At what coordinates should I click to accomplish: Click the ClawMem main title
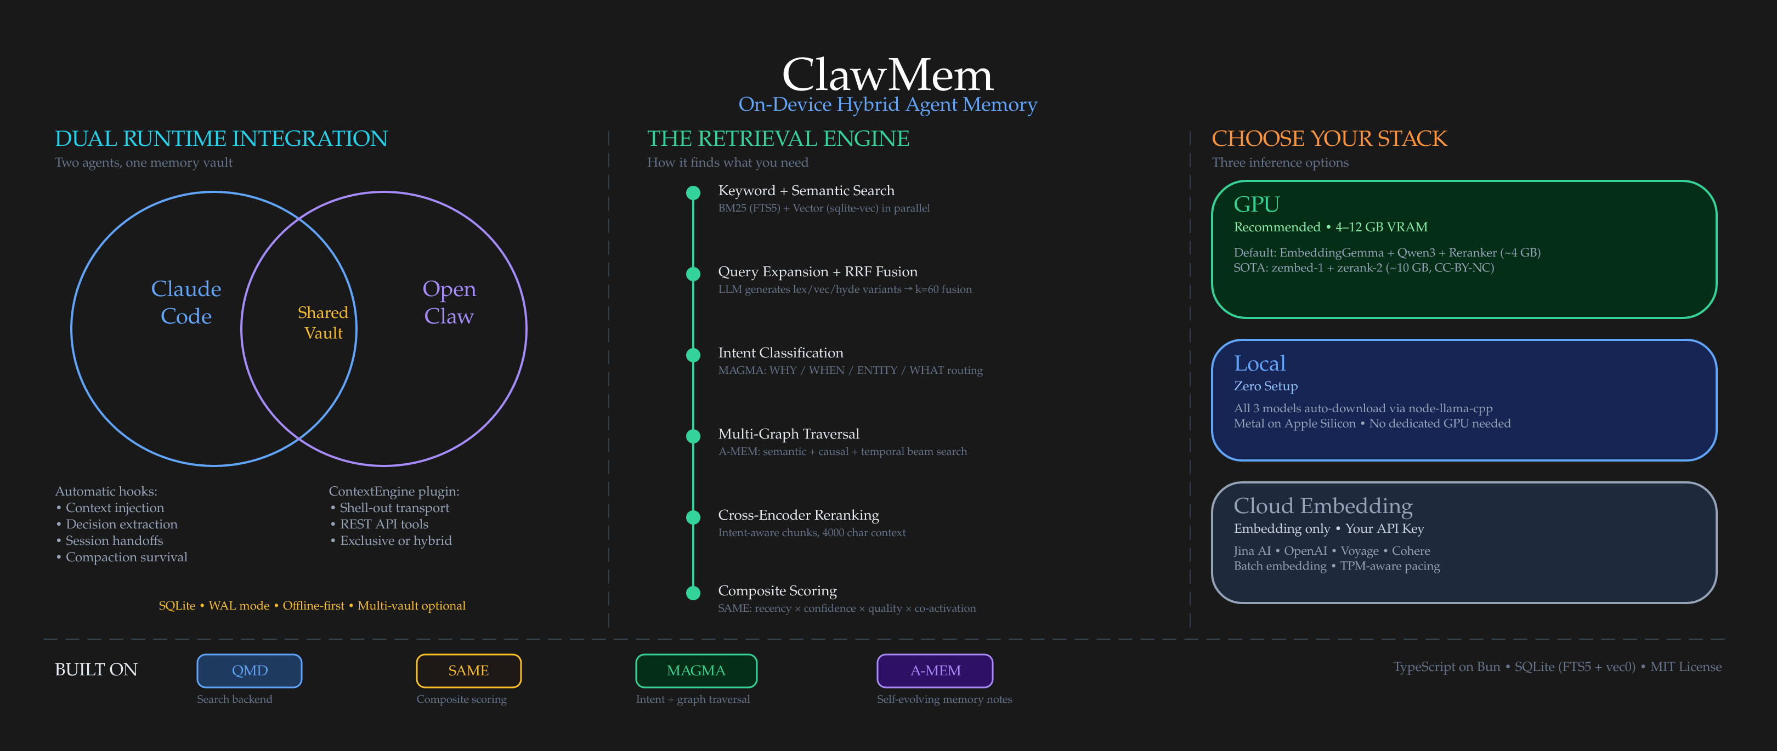887,75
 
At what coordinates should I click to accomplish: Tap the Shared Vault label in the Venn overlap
323,323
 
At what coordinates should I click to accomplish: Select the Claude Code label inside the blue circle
186,302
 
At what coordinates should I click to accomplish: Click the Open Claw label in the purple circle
449,302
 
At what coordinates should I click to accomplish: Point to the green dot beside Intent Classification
693,355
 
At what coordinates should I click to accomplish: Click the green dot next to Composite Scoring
693,593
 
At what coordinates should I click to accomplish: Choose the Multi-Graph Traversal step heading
789,434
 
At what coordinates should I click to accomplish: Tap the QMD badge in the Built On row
249,670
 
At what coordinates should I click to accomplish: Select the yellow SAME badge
468,670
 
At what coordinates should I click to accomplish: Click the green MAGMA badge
696,670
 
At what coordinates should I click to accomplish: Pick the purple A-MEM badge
935,670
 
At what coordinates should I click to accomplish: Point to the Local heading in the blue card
1260,363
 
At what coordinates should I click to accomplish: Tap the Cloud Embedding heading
1322,505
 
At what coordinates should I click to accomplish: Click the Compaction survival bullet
126,557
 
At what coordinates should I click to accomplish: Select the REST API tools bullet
384,524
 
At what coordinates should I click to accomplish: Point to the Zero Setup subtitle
1265,386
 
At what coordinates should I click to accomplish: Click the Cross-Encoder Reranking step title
798,515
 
